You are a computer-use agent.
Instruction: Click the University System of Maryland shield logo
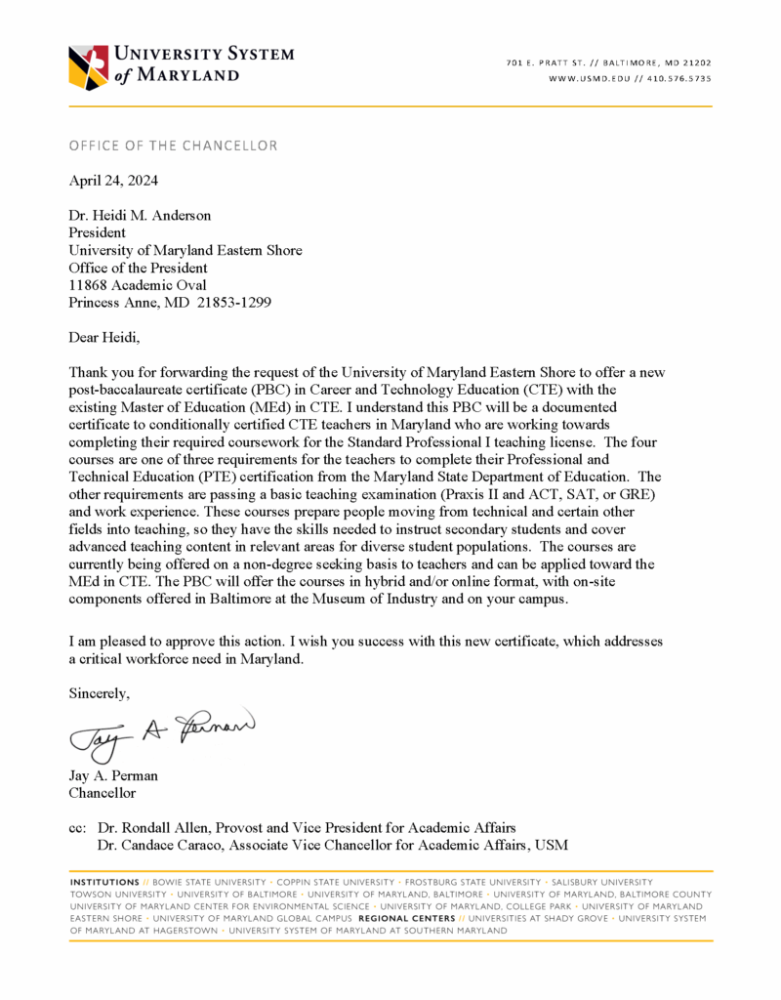click(x=90, y=66)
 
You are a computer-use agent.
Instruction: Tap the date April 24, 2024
click(x=113, y=181)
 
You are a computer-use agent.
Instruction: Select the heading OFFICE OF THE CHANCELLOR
click(x=173, y=146)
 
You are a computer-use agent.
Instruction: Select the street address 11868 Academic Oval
click(x=137, y=285)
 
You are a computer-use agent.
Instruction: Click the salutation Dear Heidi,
click(x=104, y=338)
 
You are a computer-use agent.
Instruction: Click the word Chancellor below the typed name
click(x=103, y=794)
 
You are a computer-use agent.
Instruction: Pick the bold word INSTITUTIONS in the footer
click(x=104, y=882)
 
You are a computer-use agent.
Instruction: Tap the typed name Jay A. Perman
click(x=113, y=776)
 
